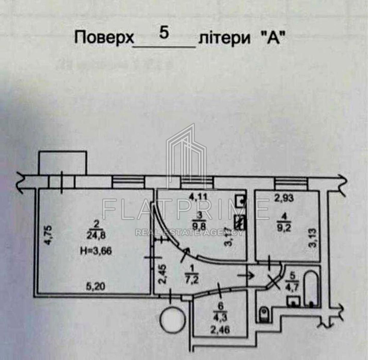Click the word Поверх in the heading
[x=104, y=38]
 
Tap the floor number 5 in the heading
[x=164, y=33]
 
